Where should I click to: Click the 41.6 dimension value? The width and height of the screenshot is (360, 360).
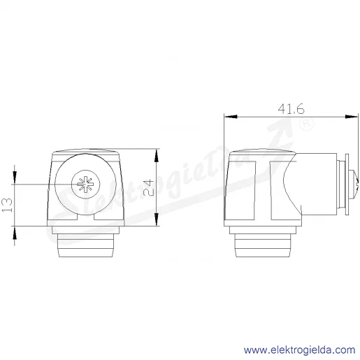point(291,109)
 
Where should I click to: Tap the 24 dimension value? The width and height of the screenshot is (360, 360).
point(148,188)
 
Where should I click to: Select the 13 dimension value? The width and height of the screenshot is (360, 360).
point(7,205)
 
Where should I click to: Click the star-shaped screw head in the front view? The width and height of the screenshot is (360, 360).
point(85,185)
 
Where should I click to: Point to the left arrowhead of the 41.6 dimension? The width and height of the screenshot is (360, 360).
point(231,116)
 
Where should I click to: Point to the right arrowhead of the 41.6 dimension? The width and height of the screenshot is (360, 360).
point(352,116)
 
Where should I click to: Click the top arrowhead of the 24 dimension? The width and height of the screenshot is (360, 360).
point(157,155)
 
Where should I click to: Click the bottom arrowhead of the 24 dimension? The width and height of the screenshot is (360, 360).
point(157,219)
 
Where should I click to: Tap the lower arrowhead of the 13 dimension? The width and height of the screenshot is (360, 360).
point(15,233)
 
